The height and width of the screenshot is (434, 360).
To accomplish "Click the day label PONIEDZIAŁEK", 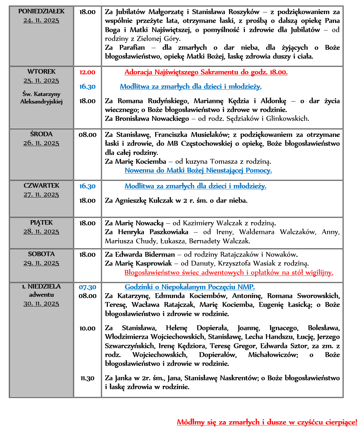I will click(x=41, y=11).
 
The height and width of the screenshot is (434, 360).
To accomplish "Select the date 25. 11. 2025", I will click(x=41, y=81).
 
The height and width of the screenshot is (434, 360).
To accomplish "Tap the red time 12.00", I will click(x=87, y=72).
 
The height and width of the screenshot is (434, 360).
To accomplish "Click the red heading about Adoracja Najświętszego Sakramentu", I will click(x=206, y=72).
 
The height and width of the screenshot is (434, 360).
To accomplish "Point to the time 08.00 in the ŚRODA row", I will click(x=88, y=135).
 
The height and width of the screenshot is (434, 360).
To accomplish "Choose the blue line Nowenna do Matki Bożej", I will click(x=198, y=170).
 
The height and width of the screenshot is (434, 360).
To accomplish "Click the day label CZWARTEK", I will click(x=41, y=186).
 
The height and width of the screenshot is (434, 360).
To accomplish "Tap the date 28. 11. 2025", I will click(x=41, y=232).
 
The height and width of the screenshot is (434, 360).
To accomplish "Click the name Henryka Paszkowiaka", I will click(x=153, y=232).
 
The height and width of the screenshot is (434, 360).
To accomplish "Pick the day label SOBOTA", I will click(x=41, y=254).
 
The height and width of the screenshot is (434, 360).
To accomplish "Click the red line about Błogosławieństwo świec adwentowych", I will click(x=229, y=273).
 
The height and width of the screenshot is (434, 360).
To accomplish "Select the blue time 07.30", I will click(x=88, y=287).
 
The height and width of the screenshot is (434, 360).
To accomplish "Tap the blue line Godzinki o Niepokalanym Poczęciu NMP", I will click(x=190, y=287).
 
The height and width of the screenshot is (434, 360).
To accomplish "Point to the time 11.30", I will click(x=88, y=378).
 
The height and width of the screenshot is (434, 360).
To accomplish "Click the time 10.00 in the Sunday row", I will click(x=88, y=329).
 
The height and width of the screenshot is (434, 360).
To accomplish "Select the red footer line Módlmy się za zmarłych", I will click(x=267, y=422).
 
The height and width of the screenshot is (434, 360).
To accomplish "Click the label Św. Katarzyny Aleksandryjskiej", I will click(x=41, y=98).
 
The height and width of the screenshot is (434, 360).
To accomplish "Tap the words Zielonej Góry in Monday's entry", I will click(x=158, y=39).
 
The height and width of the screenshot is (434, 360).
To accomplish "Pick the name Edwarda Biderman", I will click(x=145, y=255).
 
